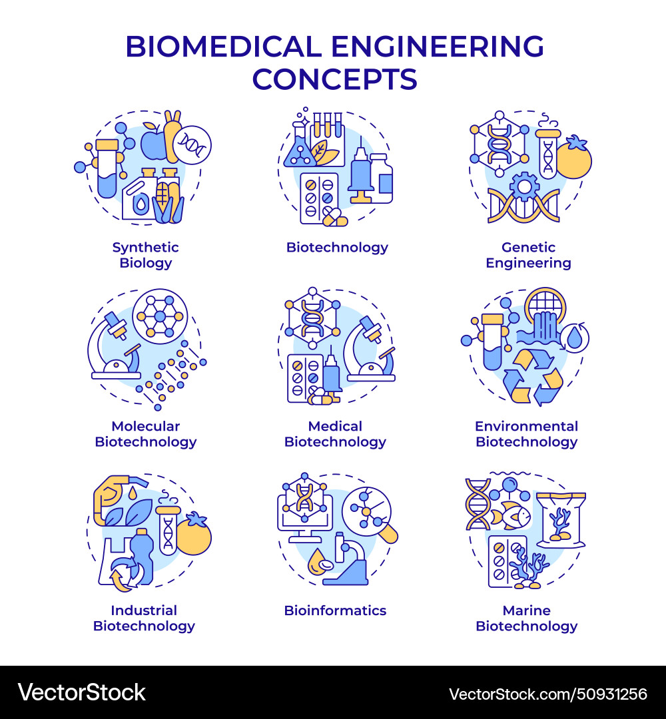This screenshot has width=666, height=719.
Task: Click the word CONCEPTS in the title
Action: point(334,79)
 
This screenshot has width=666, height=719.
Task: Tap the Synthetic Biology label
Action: point(145,255)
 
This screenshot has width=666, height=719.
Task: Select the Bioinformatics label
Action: point(335,610)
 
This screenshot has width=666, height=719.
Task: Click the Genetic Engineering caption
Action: point(527,255)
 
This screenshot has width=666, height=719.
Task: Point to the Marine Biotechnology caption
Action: point(526,618)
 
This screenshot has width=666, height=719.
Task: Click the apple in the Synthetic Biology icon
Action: point(153,142)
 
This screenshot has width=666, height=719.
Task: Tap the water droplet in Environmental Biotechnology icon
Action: point(573,338)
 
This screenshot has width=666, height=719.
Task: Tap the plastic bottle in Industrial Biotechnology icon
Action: point(141,556)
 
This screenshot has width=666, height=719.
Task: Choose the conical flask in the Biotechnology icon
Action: point(298,150)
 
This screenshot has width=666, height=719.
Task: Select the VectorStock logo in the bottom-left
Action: point(81,692)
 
